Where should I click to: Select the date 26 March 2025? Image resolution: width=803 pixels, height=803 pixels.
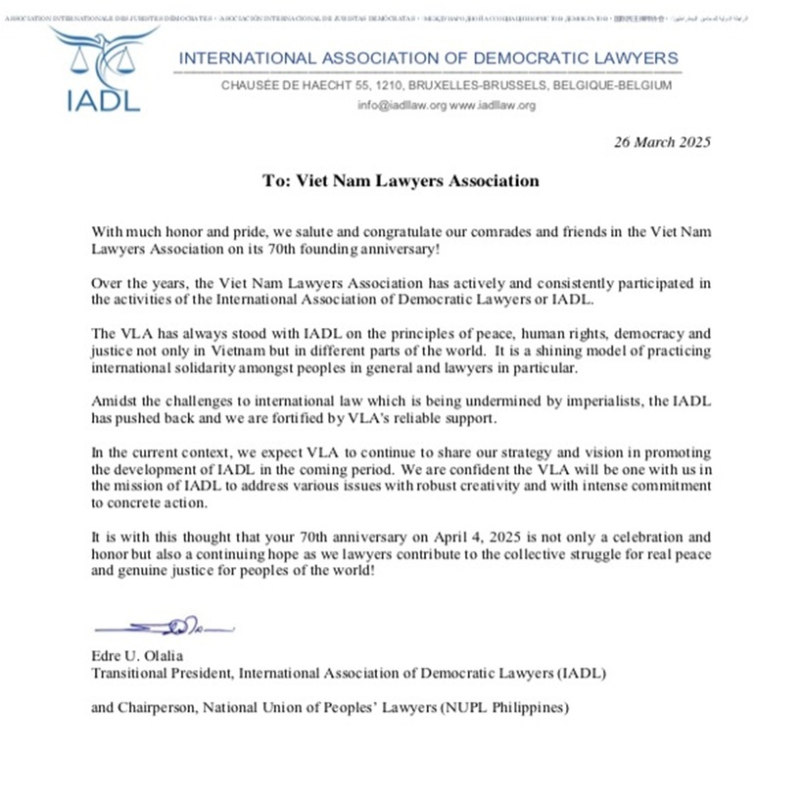(661, 141)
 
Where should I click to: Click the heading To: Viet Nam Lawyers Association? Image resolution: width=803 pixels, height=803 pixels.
(401, 180)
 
